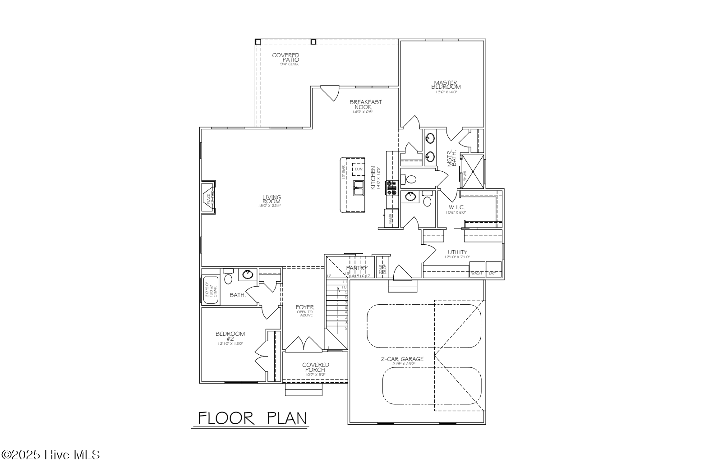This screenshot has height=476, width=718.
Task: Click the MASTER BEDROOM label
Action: click(446, 85)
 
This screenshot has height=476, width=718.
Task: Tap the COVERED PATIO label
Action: click(285, 58)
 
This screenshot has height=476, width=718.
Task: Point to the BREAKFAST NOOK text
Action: click(365, 105)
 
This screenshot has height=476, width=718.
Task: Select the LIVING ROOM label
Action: click(272, 200)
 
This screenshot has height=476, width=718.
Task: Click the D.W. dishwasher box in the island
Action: click(359, 169)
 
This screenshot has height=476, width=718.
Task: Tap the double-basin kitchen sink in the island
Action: click(359, 188)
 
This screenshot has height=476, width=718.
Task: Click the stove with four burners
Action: click(391, 188)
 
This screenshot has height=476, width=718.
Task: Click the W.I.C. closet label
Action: click(456, 207)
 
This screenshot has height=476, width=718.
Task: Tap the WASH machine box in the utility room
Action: click(477, 268)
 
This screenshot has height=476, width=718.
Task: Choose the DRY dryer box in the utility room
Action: click(493, 268)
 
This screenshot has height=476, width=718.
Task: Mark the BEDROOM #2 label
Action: click(230, 336)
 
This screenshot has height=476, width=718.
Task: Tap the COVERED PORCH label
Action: click(315, 367)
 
